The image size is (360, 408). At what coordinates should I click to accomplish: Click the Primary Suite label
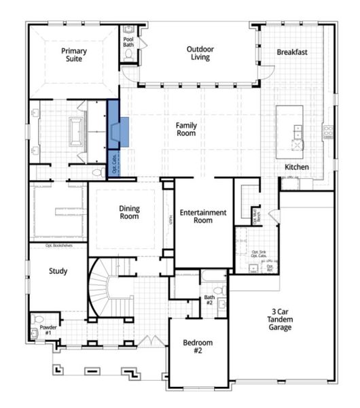pos(73,56)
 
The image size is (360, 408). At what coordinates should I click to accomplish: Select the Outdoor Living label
pos(200,53)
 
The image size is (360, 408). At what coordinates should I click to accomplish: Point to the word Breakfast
pos(293,52)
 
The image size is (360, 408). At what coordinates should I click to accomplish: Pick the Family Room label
pos(186,129)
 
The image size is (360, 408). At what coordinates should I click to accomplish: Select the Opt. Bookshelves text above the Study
pos(59,245)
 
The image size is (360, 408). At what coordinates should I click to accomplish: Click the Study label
pos(58,271)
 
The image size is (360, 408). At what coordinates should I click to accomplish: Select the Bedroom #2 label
pos(198,347)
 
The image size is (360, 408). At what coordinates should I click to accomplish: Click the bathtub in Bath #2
pos(213,276)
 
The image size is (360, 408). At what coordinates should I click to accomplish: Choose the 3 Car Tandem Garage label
pos(279,320)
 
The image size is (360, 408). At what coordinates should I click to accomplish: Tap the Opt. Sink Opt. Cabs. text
pos(258,254)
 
